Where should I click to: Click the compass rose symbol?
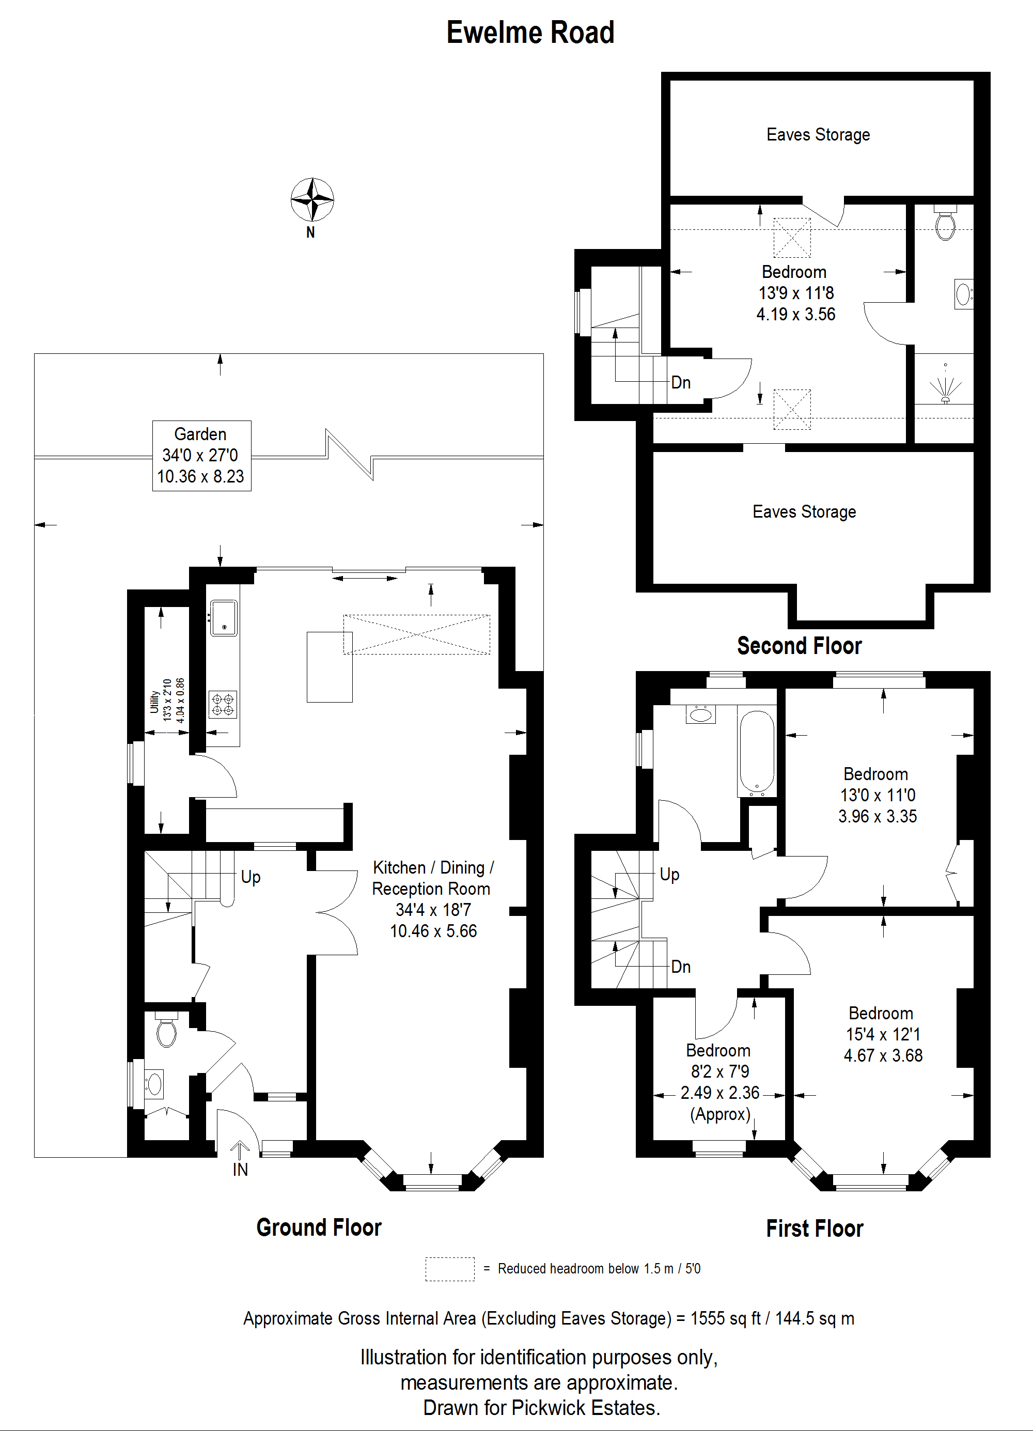[x=311, y=200]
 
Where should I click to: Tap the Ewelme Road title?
[x=530, y=33]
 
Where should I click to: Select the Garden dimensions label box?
[x=201, y=456]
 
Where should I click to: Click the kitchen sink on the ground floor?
[x=223, y=618]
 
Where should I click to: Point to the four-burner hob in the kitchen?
[x=223, y=705]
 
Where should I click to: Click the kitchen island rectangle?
[x=329, y=667]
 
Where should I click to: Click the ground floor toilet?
[x=166, y=1032]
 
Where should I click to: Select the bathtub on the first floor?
[x=756, y=752]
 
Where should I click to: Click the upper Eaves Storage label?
[x=818, y=135]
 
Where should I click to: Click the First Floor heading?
[x=814, y=1228]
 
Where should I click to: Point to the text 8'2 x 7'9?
[x=719, y=1071]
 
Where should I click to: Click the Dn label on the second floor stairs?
[x=680, y=383]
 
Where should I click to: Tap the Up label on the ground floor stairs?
[x=251, y=877]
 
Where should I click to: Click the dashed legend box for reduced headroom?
[x=450, y=1269]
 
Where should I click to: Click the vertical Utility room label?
[x=154, y=702]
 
